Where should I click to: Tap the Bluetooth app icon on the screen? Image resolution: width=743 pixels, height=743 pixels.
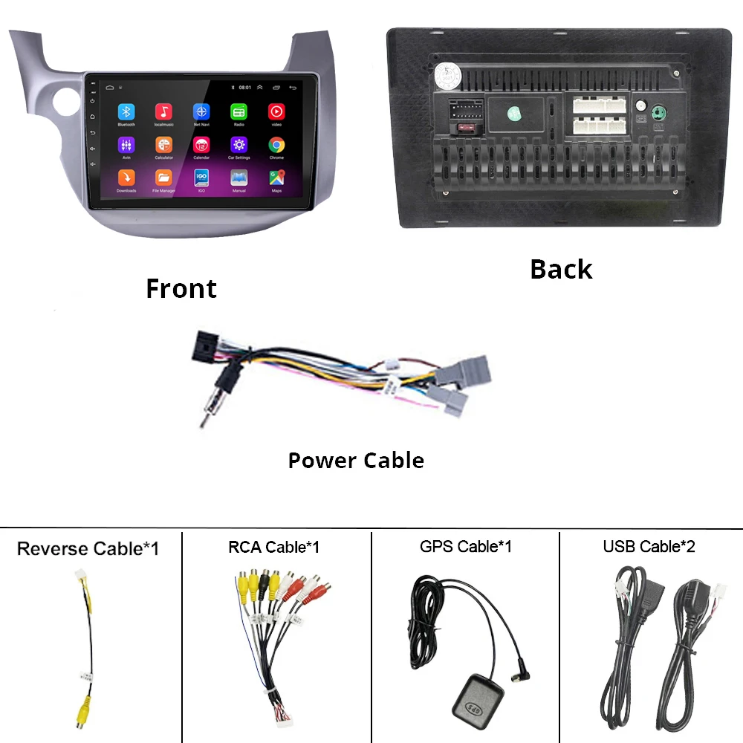click(x=126, y=111)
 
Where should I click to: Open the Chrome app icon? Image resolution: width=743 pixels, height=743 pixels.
click(x=276, y=145)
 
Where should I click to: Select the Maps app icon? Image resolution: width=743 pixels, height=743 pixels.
click(x=276, y=178)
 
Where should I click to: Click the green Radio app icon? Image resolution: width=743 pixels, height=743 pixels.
click(x=239, y=111)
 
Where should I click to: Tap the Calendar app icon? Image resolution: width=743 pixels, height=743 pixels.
click(x=201, y=145)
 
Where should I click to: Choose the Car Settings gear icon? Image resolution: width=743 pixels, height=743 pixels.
click(x=239, y=145)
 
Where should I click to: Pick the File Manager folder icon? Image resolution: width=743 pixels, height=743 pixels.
click(x=163, y=178)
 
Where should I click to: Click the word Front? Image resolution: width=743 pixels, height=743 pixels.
click(x=181, y=288)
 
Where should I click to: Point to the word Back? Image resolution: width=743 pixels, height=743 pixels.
click(x=561, y=269)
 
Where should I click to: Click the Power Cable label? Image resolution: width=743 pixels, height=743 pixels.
click(x=356, y=461)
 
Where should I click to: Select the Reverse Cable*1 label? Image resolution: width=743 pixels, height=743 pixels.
click(x=88, y=549)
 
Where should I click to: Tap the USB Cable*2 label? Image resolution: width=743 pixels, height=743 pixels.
click(x=649, y=547)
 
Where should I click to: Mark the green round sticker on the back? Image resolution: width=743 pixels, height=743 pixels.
click(x=513, y=114)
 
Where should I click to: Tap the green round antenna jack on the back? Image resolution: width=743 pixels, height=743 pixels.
click(x=658, y=114)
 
